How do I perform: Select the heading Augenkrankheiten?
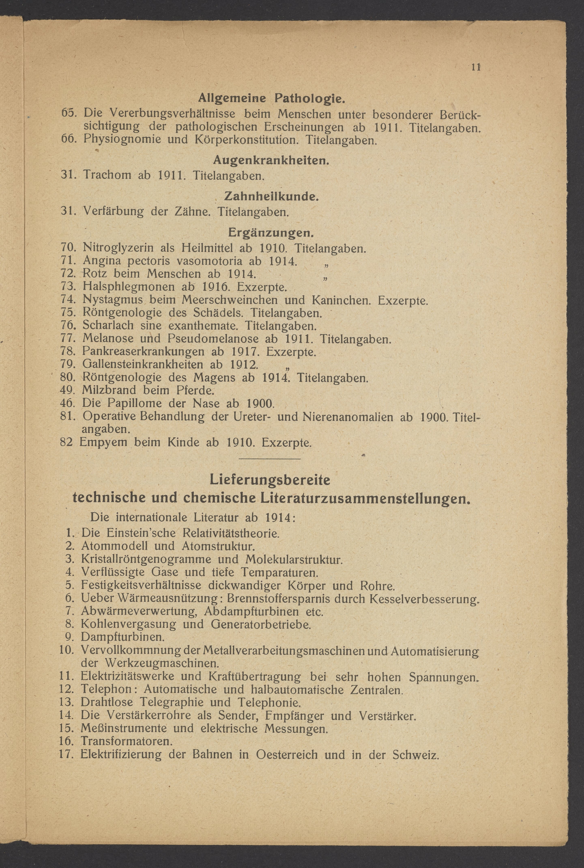271,161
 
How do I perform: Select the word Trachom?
107,175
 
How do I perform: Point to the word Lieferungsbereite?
270,480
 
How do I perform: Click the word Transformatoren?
127,741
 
